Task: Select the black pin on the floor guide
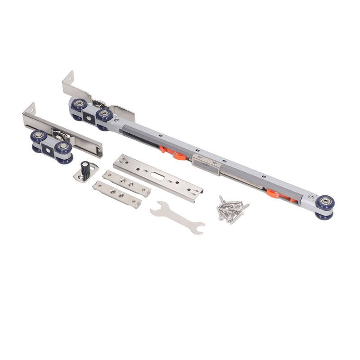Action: point(84,168)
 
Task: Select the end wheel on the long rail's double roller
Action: point(79,106)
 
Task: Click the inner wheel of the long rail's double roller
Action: point(104,115)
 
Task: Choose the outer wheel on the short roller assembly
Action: point(39,138)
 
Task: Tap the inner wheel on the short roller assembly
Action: point(63,149)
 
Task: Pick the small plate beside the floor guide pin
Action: point(126,184)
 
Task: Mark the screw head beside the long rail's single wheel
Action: point(310,197)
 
